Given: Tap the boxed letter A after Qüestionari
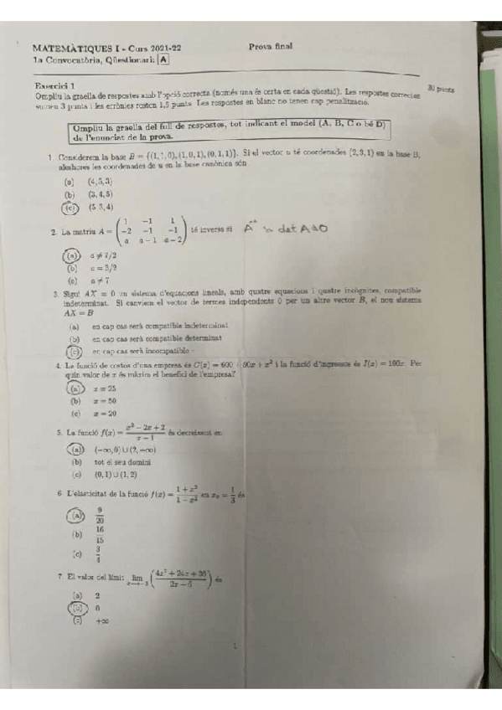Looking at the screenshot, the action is tap(163, 59).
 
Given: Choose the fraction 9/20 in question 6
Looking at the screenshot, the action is tap(100, 515).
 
